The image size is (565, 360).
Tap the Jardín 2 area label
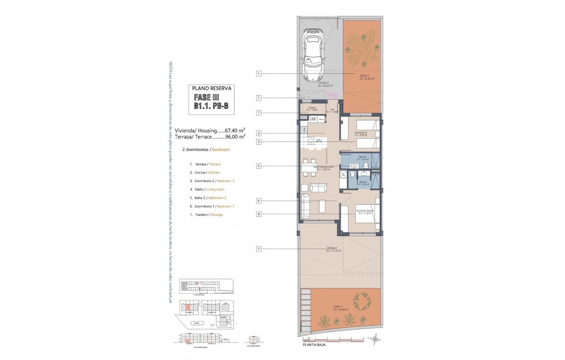(363, 77)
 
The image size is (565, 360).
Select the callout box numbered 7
(258, 112)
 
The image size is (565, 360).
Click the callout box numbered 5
(258, 166)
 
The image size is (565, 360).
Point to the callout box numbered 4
(258, 201)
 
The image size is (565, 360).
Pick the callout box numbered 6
(258, 214)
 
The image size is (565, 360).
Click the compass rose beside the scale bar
(373, 338)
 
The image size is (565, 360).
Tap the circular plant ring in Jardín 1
(363, 299)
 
